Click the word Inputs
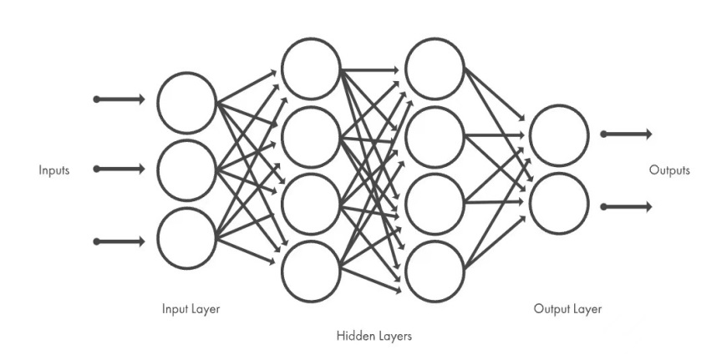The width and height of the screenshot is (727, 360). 53,170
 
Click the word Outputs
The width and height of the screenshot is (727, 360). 669,170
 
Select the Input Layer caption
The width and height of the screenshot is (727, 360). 191,309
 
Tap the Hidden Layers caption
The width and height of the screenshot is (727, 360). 374,337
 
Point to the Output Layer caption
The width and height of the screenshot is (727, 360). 567,309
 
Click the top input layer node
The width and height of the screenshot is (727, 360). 187,103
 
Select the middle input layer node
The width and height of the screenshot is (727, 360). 187,170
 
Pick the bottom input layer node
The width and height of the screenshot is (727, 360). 187,238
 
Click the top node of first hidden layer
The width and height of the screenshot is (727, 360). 311,68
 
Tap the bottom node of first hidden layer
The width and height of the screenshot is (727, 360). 311,271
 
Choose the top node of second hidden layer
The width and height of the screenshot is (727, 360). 435,68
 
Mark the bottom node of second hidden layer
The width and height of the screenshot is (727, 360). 435,271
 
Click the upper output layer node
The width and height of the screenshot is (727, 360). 559,135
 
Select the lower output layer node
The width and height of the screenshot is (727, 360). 559,203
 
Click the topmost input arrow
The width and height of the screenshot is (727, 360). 119,99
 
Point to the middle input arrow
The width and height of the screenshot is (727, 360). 119,170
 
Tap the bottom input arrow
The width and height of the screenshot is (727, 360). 119,241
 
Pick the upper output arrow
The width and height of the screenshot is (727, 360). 626,134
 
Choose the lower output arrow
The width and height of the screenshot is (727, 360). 626,206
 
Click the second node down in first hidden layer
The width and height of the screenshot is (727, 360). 311,136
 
